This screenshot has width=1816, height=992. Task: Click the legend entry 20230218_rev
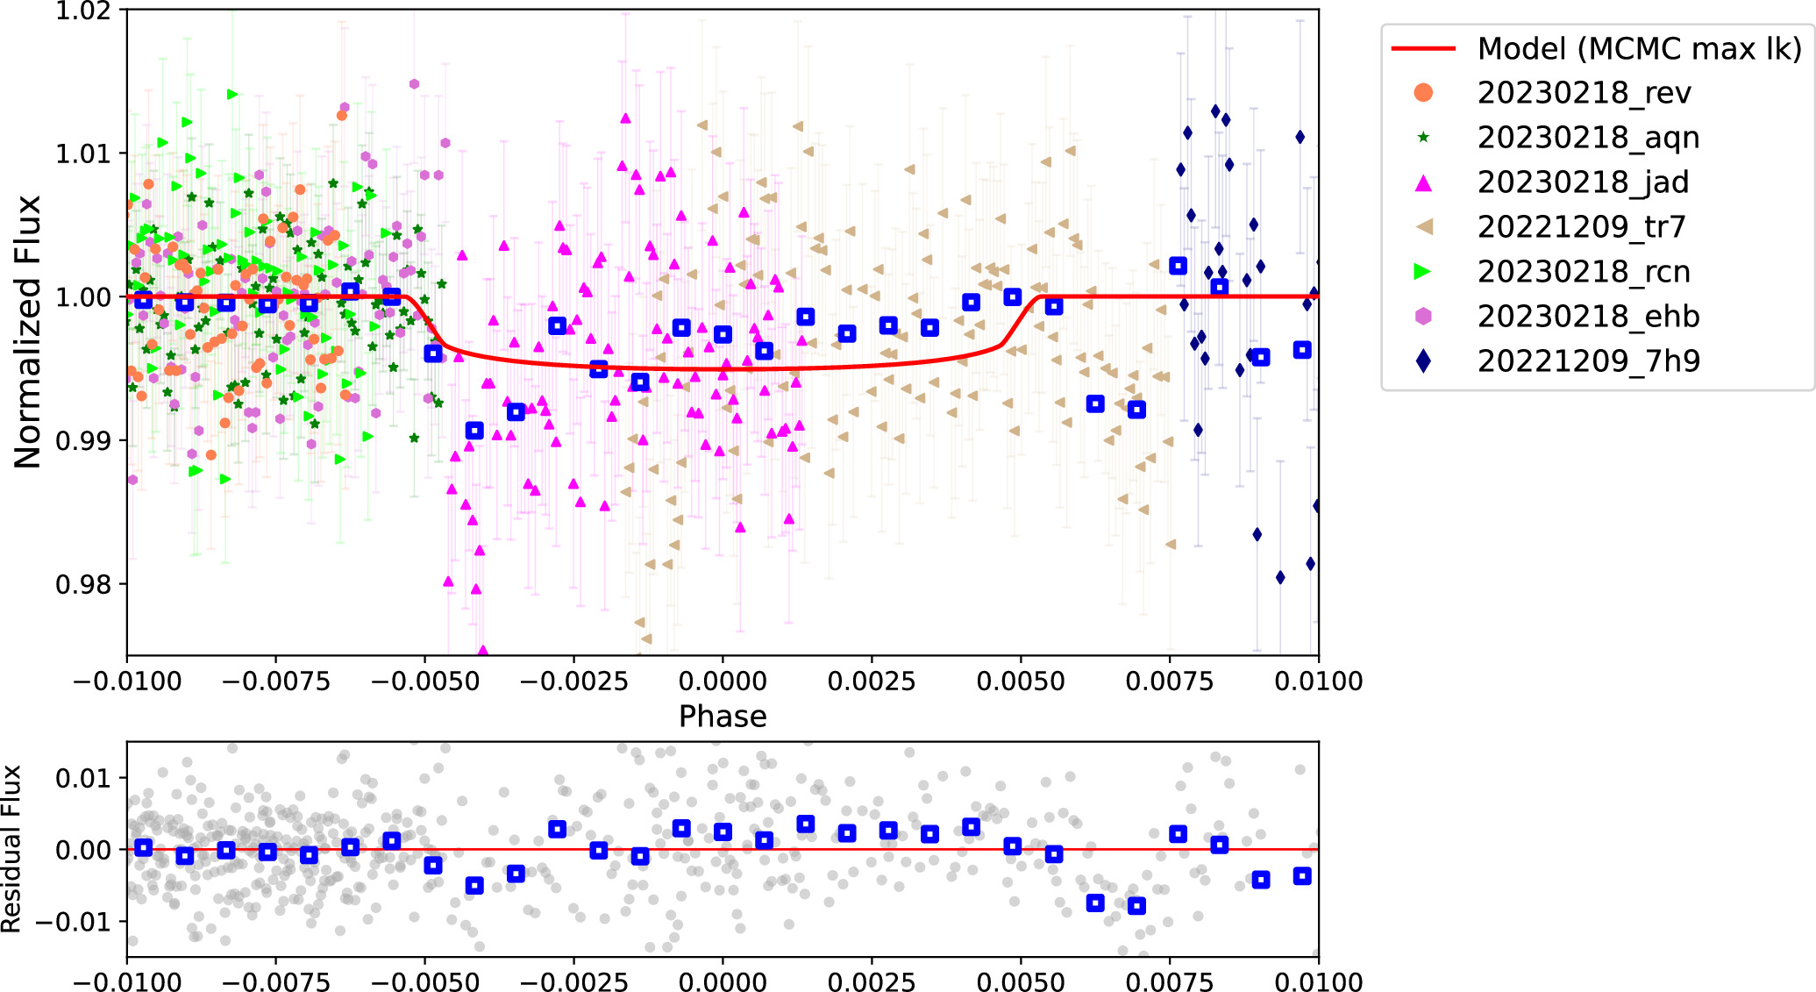click(1583, 93)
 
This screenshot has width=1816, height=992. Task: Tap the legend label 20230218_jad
click(1582, 182)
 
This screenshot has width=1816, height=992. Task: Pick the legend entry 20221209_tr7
click(1580, 227)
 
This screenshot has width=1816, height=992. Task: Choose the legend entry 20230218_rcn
click(1583, 272)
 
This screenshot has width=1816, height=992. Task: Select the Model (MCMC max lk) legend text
click(1638, 48)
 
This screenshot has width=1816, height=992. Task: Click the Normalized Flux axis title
click(28, 332)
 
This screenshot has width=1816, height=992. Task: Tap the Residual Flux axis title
click(11, 848)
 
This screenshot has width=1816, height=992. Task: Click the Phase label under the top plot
click(723, 717)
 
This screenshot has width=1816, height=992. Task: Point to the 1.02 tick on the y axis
click(83, 11)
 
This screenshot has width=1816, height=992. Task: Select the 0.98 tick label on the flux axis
click(83, 584)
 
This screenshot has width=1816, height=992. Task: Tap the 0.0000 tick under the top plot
click(723, 682)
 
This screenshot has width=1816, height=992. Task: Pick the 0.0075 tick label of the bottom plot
click(1170, 981)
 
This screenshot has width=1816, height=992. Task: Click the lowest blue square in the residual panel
click(1136, 905)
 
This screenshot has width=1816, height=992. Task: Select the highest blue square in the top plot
click(1178, 266)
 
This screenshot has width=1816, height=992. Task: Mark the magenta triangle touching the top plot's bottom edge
click(482, 651)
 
